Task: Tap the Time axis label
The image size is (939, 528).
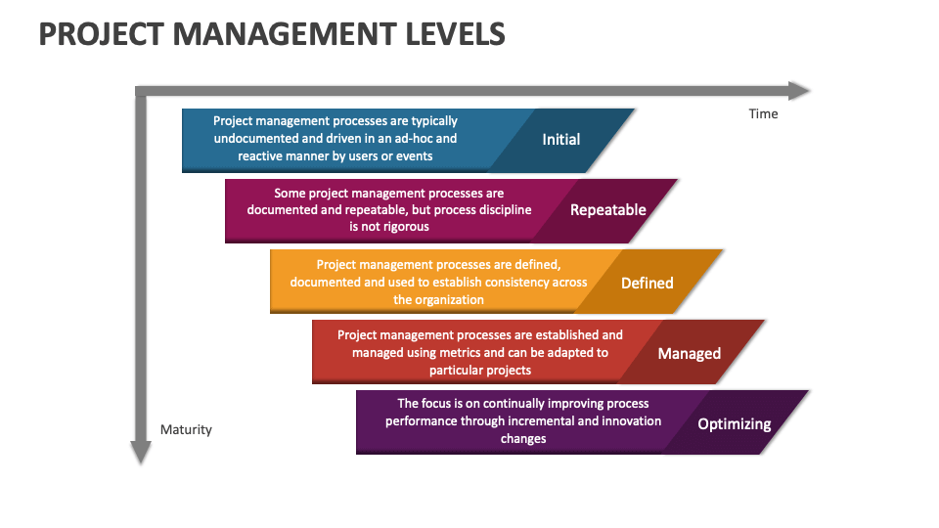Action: pyautogui.click(x=763, y=113)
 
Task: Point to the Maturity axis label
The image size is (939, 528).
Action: pyautogui.click(x=186, y=429)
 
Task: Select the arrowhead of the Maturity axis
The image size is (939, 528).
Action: pyautogui.click(x=141, y=453)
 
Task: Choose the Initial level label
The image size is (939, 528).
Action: pyautogui.click(x=561, y=140)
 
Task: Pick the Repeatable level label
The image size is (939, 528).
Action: pyautogui.click(x=608, y=209)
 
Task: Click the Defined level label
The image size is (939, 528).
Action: pyautogui.click(x=648, y=283)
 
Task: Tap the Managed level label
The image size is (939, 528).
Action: pyautogui.click(x=690, y=353)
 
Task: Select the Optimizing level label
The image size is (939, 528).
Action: pyautogui.click(x=734, y=424)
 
